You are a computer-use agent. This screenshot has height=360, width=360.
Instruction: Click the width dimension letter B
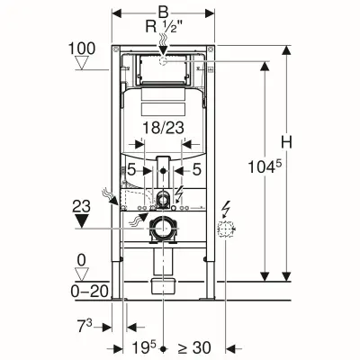coord(162,12)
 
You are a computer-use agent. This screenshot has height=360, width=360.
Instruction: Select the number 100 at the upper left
coord(79,46)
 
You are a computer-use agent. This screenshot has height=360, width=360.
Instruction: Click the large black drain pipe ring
coord(162,229)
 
